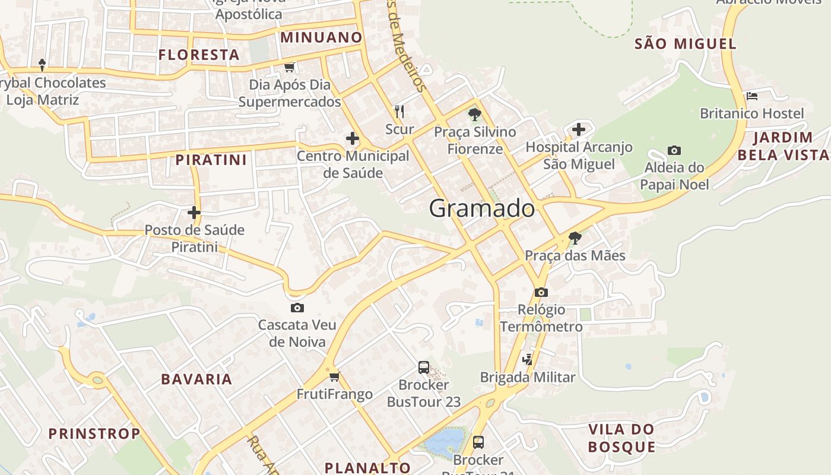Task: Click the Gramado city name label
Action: point(481,208)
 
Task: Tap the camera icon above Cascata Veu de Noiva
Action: point(297,308)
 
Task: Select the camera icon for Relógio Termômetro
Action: point(541,292)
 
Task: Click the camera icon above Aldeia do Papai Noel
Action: point(674,150)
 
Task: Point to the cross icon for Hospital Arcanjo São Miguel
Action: point(579,129)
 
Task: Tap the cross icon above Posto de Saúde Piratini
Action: point(194,212)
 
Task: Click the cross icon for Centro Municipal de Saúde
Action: point(353,138)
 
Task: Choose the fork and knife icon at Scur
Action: point(399,111)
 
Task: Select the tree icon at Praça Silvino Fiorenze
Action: point(474,114)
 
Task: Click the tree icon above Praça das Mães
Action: point(575,238)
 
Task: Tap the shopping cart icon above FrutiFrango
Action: point(335,376)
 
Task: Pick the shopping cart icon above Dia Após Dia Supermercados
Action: point(289,67)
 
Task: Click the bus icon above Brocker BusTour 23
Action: point(424,367)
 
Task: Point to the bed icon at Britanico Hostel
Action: point(751,96)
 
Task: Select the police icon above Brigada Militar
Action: point(528,359)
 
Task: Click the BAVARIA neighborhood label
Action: point(196,379)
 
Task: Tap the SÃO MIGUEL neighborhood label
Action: point(685,43)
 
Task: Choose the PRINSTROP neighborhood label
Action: point(94,433)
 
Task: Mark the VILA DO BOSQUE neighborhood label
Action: point(621,438)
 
